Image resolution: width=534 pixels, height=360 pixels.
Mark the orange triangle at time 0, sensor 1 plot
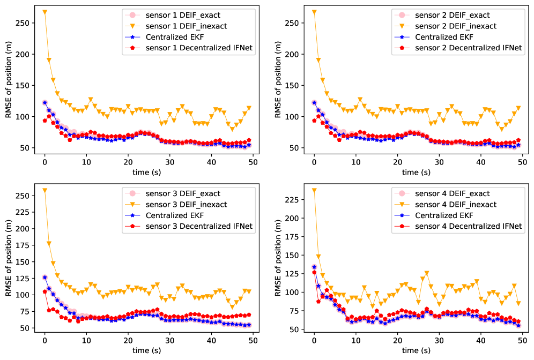44,12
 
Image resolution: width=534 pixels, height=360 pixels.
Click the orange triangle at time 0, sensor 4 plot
314,191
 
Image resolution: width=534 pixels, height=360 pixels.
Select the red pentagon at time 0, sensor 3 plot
44,291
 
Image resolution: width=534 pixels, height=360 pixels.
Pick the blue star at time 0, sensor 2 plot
314,102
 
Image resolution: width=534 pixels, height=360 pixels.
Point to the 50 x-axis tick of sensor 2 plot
522,162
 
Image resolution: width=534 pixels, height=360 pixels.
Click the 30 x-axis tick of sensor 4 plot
439,341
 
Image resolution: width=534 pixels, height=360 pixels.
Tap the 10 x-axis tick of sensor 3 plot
86,341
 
